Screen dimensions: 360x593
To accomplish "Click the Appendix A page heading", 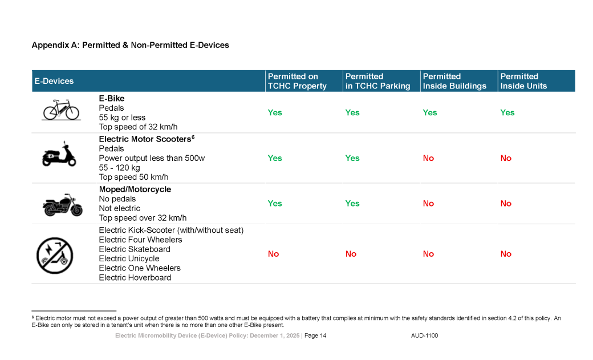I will [x=130, y=45].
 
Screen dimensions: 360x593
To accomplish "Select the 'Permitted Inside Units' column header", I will [x=523, y=81].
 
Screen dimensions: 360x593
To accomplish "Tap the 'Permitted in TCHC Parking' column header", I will [x=377, y=81].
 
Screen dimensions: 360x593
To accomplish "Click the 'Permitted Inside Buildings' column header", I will [x=454, y=81].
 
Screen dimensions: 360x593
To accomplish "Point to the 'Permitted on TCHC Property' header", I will [x=297, y=81].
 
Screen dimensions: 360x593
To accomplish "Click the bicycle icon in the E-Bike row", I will [x=61, y=110].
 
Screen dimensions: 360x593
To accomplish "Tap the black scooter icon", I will [x=59, y=154].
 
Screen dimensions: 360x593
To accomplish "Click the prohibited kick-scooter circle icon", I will [x=54, y=255].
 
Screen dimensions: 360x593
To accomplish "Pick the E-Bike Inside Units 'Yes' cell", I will [x=507, y=113].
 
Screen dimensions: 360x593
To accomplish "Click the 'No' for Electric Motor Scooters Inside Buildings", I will [x=428, y=159].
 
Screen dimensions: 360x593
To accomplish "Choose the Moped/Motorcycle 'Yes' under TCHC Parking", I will [x=352, y=204].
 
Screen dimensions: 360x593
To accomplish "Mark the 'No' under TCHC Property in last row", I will [x=274, y=254].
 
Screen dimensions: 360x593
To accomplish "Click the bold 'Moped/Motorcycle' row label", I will [x=135, y=189].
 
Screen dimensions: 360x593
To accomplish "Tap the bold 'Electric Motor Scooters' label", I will [x=145, y=139].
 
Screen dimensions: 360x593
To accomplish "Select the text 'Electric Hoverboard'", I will [x=135, y=278].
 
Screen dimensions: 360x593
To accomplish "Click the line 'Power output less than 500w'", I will [x=152, y=158].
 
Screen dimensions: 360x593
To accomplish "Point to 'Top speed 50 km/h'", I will [x=133, y=177].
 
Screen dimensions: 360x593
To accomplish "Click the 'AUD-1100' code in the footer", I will [x=424, y=336].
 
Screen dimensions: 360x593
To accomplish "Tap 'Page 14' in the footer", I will [x=315, y=336].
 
